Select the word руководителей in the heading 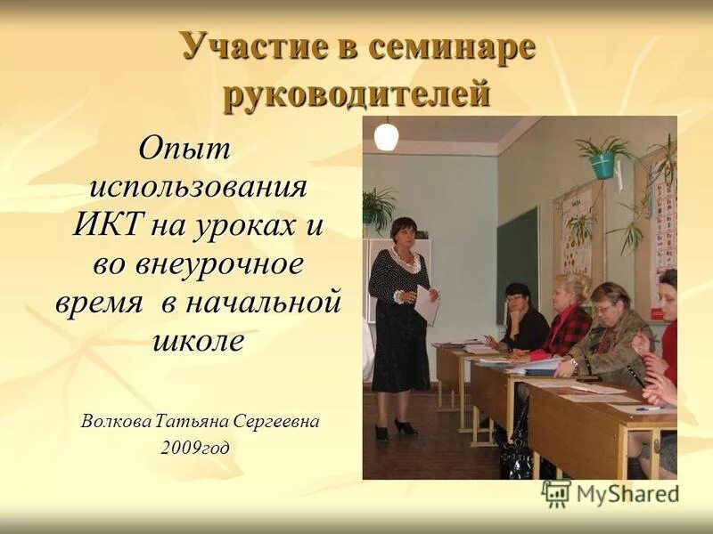click(x=356, y=94)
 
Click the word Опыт click(x=184, y=149)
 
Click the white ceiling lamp click(x=386, y=137)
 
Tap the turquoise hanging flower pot click(x=603, y=165)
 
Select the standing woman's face click(x=403, y=234)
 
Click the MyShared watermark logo click(x=610, y=492)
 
